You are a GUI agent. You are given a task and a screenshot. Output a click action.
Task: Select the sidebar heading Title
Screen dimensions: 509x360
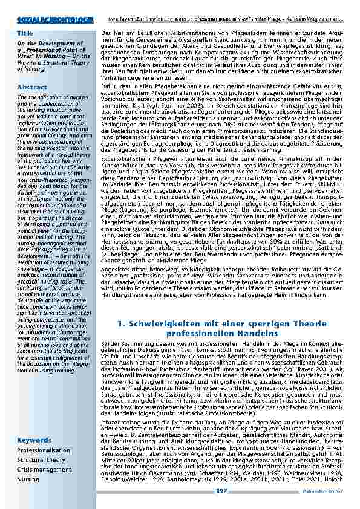[25, 33]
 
